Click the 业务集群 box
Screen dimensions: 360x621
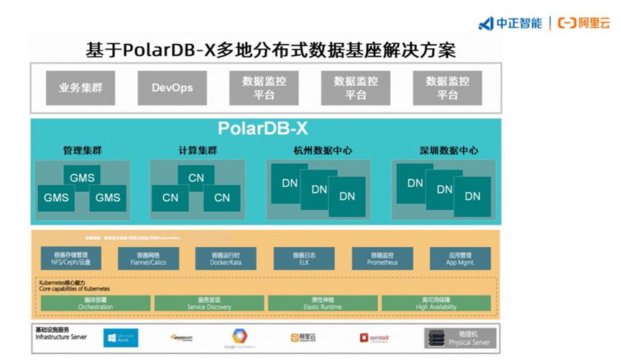80,88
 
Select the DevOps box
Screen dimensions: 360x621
172,88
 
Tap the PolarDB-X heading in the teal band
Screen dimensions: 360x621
263,129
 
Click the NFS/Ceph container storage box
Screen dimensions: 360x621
70,259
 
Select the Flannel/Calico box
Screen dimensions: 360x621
148,259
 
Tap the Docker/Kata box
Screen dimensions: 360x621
226,259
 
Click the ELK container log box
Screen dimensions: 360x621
304,259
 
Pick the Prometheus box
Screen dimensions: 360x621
382,259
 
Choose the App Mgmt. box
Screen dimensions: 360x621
460,259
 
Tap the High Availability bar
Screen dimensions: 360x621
436,303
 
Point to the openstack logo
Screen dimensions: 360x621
374,338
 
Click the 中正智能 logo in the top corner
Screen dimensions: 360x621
511,23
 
